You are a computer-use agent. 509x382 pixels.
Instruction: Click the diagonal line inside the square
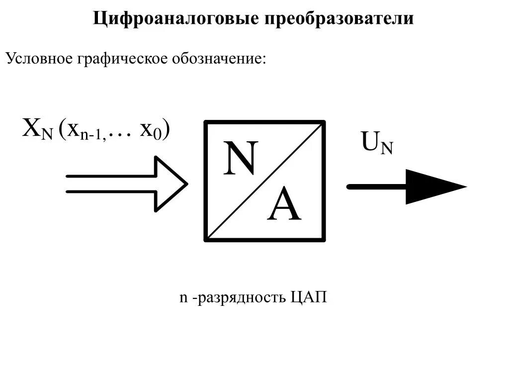point(265,182)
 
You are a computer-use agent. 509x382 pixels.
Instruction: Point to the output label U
point(370,142)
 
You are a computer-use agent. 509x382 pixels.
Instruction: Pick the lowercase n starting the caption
point(183,298)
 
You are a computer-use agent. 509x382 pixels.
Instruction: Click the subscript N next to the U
point(387,148)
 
